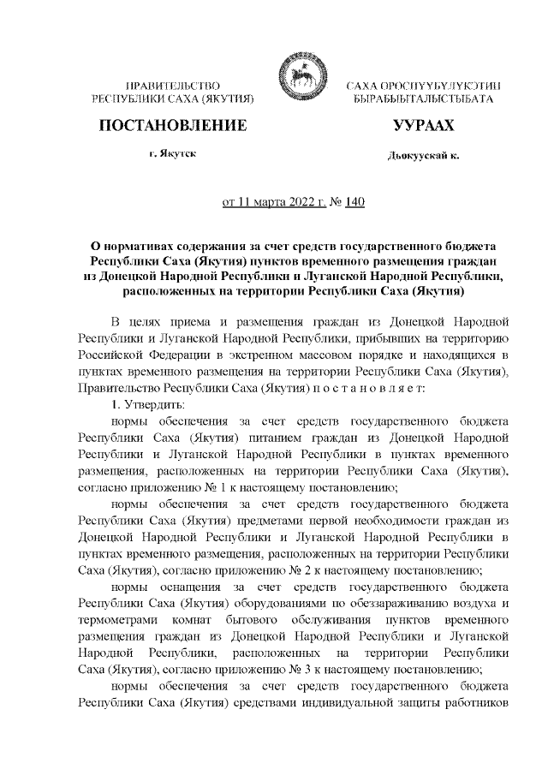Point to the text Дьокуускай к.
pos(423,158)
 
